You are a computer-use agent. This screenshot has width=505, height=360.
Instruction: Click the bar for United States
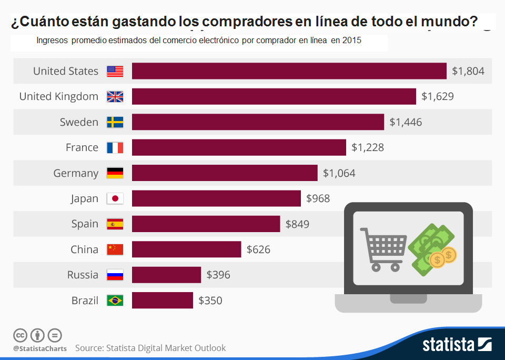[x=289, y=71]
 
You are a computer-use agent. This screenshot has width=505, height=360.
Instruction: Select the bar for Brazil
[x=163, y=301]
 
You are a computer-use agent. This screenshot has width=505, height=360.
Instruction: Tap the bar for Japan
[x=216, y=198]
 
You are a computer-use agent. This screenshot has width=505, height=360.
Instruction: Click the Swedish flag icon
[x=115, y=122]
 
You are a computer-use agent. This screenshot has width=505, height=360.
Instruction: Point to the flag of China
[x=115, y=249]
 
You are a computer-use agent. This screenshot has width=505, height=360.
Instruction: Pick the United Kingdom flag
[x=115, y=97]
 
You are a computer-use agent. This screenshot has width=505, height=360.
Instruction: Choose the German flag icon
[x=115, y=173]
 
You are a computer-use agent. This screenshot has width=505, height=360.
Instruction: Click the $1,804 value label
[x=468, y=71]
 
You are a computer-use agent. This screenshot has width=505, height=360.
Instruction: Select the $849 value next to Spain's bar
[x=297, y=224]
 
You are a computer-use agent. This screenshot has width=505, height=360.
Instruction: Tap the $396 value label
[x=218, y=275]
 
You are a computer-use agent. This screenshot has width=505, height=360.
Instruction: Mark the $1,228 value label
[x=368, y=148]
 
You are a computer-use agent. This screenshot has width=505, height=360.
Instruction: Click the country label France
[x=82, y=148]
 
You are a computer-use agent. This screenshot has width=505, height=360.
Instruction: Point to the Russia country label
[x=83, y=275]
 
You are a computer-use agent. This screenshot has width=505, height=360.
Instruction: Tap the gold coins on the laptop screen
[x=442, y=257]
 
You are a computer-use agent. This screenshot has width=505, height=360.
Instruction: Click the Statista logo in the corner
[x=457, y=345]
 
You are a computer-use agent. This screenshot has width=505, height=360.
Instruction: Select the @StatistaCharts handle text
[x=40, y=348]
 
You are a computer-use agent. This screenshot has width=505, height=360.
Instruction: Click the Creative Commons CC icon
[x=20, y=335]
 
